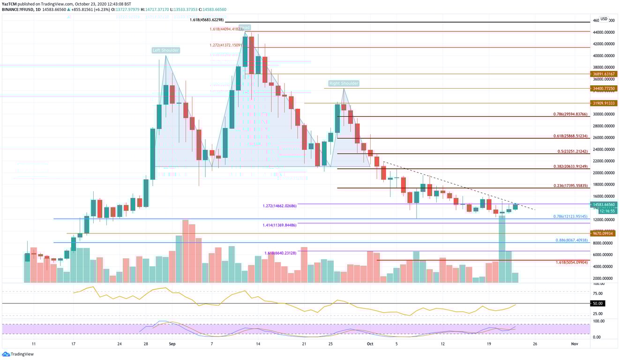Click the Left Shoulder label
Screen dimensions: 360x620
pyautogui.click(x=165, y=50)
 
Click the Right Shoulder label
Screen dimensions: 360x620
pyautogui.click(x=344, y=83)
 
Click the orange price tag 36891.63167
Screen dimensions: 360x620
pyautogui.click(x=603, y=74)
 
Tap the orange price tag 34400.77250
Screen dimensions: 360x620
pyautogui.click(x=603, y=88)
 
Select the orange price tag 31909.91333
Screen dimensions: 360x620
pyautogui.click(x=603, y=103)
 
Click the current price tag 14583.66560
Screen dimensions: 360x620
pyautogui.click(x=603, y=204)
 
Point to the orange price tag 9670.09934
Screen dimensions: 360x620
pyautogui.click(x=603, y=233)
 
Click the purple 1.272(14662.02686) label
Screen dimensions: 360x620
pyautogui.click(x=279, y=206)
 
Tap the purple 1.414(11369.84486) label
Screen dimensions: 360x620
pyautogui.click(x=279, y=225)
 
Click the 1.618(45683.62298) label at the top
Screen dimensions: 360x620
pyautogui.click(x=208, y=20)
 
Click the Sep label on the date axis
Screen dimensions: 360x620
pyautogui.click(x=172, y=344)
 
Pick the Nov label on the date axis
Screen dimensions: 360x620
pyautogui.click(x=575, y=344)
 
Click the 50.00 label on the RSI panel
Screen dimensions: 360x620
pyautogui.click(x=598, y=304)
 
